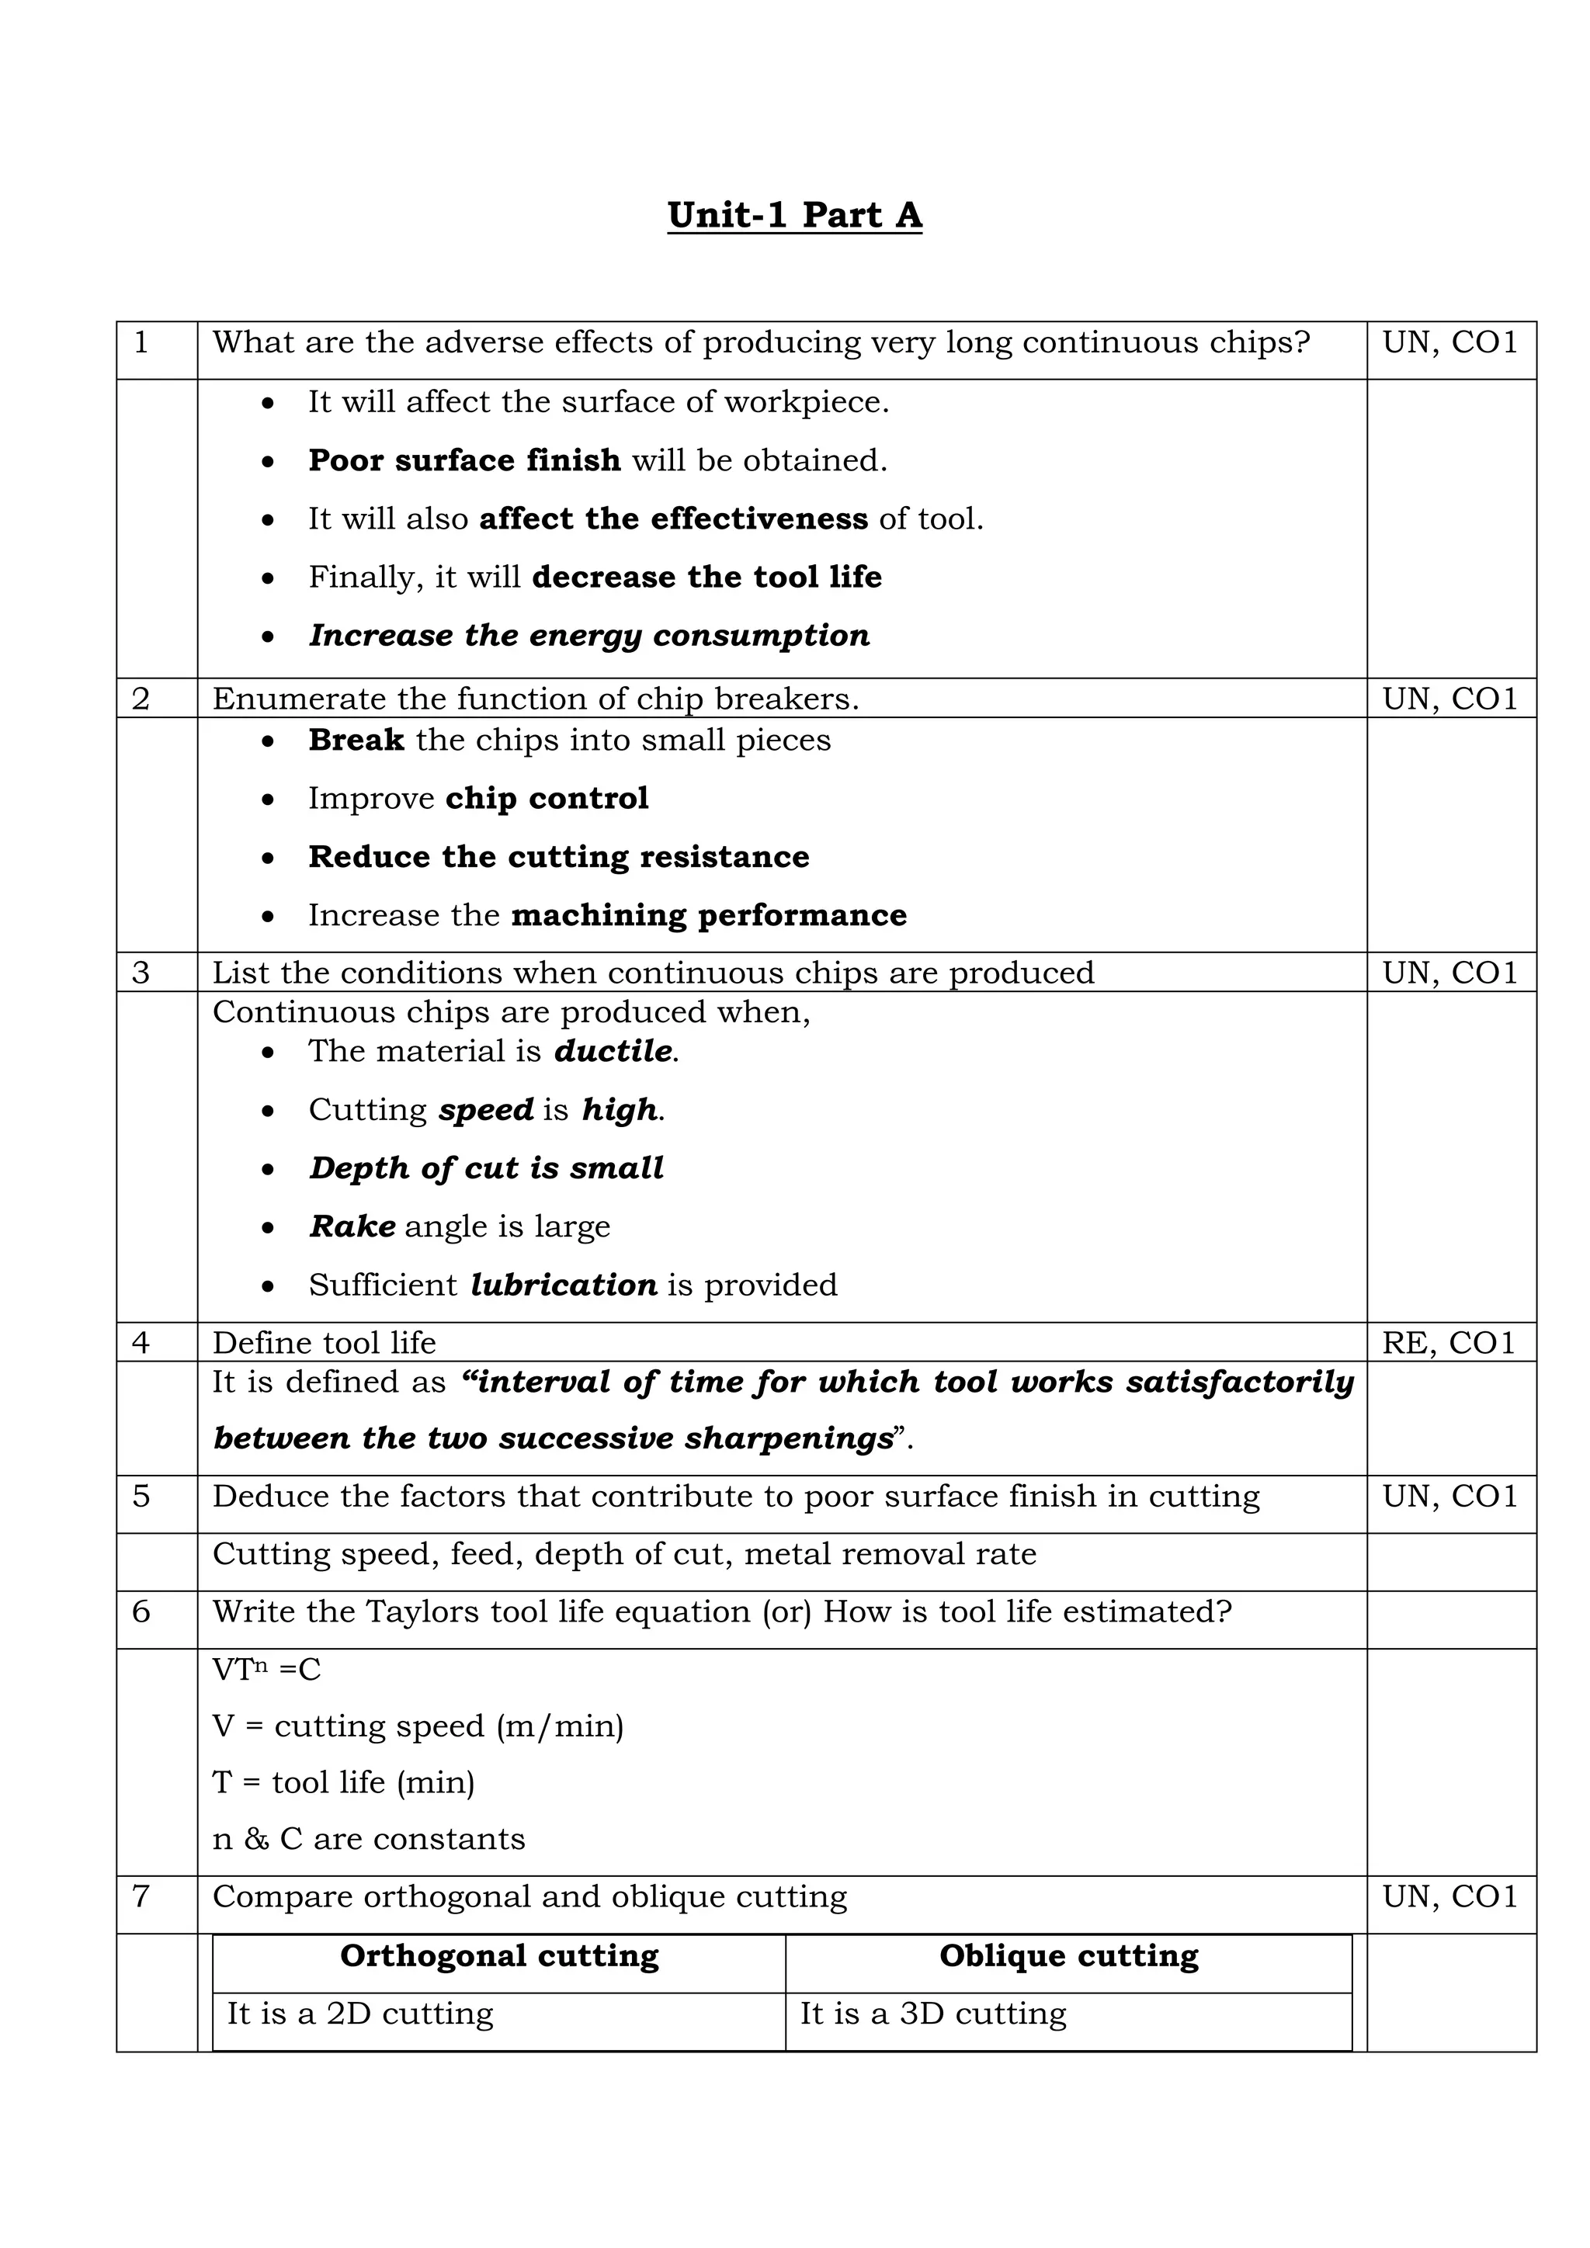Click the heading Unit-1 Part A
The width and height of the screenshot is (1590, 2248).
[x=794, y=214]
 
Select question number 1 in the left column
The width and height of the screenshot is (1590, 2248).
[x=141, y=342]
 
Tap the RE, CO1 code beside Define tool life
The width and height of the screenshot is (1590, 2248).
[x=1448, y=1342]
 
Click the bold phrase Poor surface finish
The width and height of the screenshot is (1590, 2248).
[x=464, y=460]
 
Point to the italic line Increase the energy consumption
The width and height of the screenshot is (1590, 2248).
[x=589, y=636]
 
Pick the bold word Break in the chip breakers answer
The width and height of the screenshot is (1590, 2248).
[x=356, y=741]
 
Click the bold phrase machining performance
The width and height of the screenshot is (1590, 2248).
[x=709, y=915]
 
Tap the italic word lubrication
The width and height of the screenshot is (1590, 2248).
[x=563, y=1285]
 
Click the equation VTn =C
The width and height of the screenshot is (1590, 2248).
[x=266, y=1670]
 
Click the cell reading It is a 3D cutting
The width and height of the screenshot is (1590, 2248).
[x=933, y=2014]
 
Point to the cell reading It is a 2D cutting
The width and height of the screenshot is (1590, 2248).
[x=360, y=2014]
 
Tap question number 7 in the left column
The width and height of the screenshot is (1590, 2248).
[x=141, y=1896]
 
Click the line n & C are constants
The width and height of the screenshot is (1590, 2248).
[x=368, y=1839]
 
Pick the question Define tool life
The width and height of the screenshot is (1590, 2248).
[x=324, y=1342]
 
